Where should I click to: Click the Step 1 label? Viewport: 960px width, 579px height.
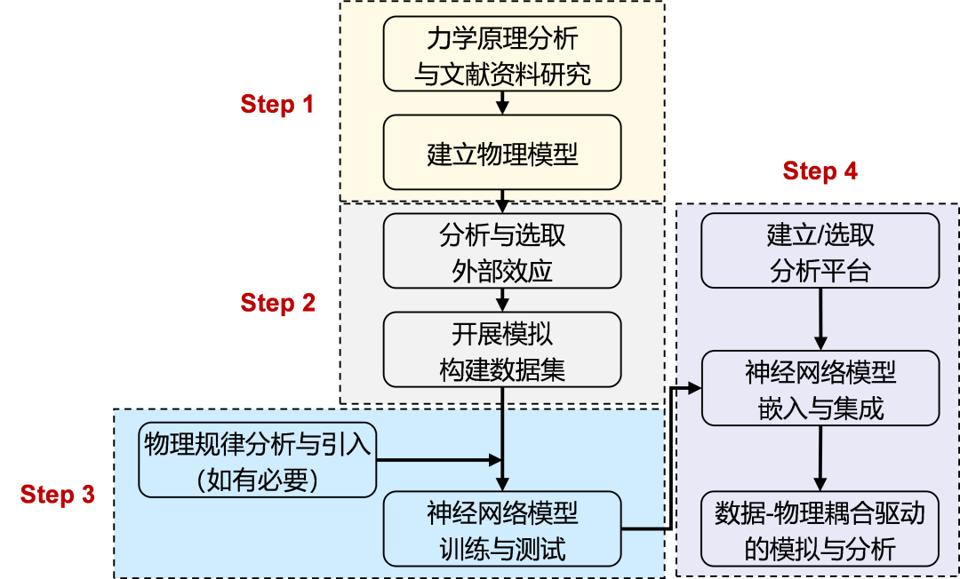point(277,105)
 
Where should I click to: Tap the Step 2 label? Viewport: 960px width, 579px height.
point(277,304)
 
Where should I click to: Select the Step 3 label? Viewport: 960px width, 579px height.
point(58,495)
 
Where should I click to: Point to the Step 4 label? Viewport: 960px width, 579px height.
point(820,171)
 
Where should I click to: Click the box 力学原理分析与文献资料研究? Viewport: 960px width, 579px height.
point(502,54)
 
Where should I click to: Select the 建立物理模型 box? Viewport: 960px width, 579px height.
point(502,155)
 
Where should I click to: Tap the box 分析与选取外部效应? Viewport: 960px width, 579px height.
point(502,252)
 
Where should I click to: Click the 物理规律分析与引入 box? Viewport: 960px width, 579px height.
point(257,460)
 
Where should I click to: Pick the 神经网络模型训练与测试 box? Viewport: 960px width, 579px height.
point(502,529)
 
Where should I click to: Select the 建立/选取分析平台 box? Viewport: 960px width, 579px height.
point(820,251)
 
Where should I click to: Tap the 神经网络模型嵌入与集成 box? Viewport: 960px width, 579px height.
point(820,389)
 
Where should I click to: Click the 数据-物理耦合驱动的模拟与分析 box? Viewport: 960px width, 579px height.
point(820,529)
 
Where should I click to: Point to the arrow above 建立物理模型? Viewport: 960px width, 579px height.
point(502,103)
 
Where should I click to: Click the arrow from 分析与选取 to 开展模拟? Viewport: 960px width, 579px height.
point(502,299)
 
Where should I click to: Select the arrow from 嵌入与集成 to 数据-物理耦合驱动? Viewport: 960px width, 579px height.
point(820,458)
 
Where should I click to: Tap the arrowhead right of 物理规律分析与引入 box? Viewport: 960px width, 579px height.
point(496,460)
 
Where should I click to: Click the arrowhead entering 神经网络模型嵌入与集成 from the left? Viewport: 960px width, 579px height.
point(694,388)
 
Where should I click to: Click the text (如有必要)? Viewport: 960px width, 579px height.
point(257,480)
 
